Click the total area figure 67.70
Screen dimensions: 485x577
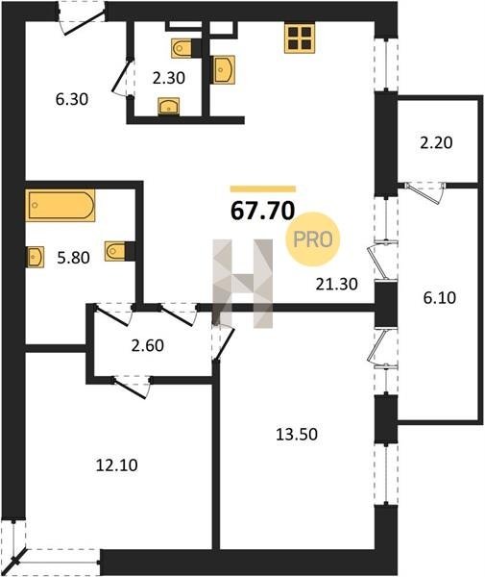pos(263,211)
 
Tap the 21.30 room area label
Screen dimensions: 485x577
pos(336,284)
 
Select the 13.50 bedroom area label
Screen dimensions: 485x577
pos(297,435)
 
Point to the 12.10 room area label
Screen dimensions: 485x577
pos(117,465)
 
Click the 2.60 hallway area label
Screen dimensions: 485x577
pos(148,345)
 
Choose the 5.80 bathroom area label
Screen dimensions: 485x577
pos(74,258)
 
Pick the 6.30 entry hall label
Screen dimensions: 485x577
pos(72,99)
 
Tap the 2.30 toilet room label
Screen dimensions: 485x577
pos(169,78)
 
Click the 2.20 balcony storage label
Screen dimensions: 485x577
pos(436,142)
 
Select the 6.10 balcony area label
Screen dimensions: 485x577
pos(440,297)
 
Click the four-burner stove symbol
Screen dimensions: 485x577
pos(300,38)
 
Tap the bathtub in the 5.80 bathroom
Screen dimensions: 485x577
pos(61,206)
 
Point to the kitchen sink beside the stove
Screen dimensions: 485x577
pos(224,69)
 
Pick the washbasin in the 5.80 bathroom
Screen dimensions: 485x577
pos(36,257)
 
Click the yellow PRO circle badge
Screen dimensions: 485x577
pos(313,239)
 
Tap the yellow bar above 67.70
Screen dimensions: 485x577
pos(263,189)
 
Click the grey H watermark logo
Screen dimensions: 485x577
pos(243,284)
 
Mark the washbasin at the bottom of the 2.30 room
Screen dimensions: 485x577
pos(169,107)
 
